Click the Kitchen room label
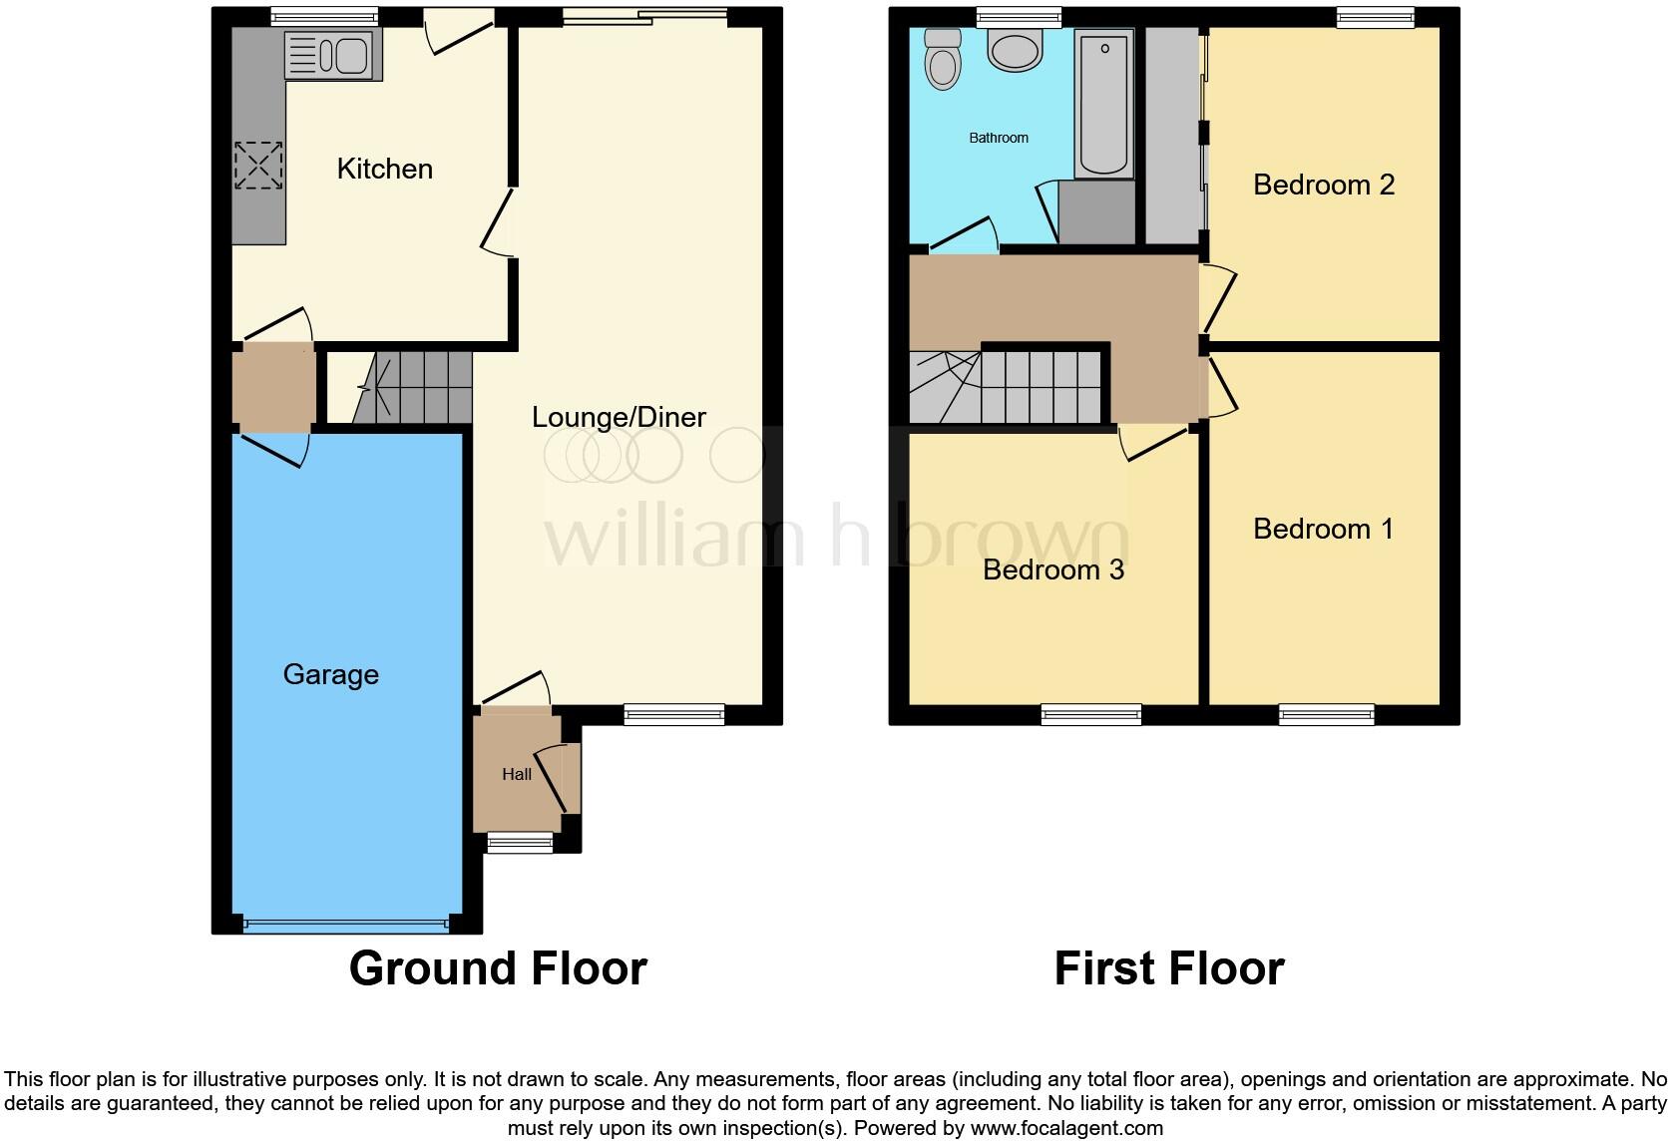click(384, 169)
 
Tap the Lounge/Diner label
click(619, 417)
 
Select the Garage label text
click(330, 674)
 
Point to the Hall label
click(516, 774)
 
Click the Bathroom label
click(998, 138)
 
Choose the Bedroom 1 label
click(1323, 529)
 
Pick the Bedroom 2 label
click(1323, 185)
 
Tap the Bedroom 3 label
click(1052, 570)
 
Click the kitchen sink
click(332, 55)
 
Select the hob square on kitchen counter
click(258, 166)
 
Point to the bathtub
click(1104, 102)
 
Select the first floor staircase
click(1008, 387)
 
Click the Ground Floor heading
click(498, 968)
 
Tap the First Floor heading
click(1168, 968)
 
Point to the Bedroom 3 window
click(1090, 713)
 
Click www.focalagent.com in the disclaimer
click(1066, 1128)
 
